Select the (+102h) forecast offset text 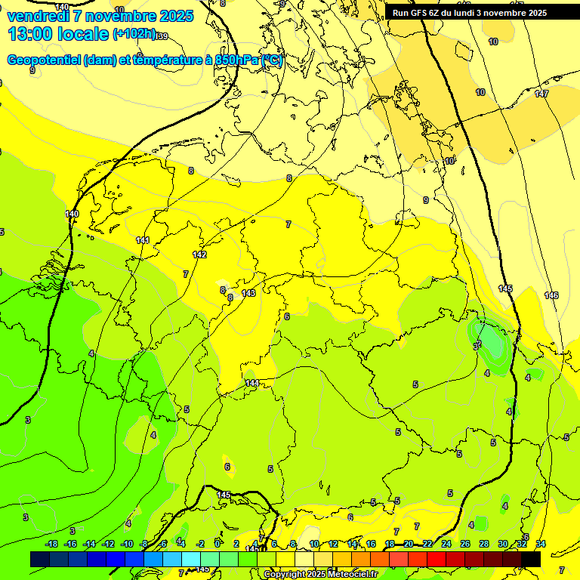(x=134, y=34)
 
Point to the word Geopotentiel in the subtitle (x=45, y=60)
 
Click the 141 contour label (x=143, y=240)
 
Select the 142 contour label (x=199, y=255)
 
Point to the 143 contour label (x=248, y=293)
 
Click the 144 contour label (x=252, y=384)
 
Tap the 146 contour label (x=551, y=295)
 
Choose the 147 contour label (x=541, y=94)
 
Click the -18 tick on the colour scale (x=52, y=544)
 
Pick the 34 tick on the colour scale (x=541, y=544)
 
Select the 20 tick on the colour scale (x=409, y=544)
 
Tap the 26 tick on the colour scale (x=465, y=544)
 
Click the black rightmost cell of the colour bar (x=531, y=559)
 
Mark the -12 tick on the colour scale (x=108, y=544)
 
